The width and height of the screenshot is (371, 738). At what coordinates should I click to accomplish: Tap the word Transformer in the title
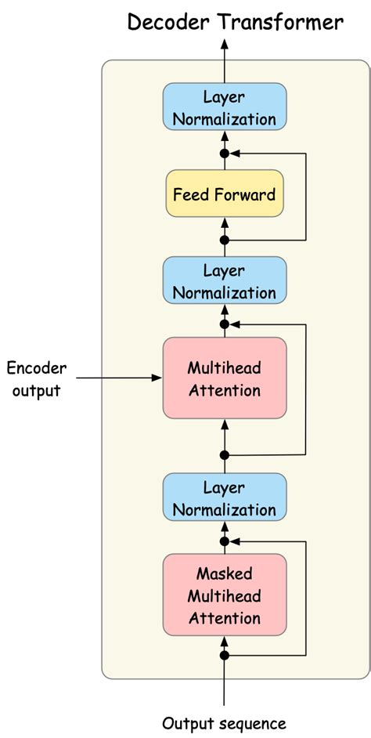[281, 23]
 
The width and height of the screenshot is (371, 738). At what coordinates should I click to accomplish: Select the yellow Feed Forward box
[225, 194]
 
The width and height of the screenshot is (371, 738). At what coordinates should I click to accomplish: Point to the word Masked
[225, 574]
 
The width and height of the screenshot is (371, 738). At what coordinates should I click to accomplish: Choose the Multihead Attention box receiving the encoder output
[225, 378]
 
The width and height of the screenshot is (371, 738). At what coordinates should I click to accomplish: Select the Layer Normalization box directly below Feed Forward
[225, 282]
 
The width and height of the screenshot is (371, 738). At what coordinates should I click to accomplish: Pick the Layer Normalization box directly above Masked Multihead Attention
[225, 499]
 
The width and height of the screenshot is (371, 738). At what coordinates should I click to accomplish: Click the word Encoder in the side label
[37, 368]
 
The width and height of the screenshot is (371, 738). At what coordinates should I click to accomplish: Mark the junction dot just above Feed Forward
[225, 153]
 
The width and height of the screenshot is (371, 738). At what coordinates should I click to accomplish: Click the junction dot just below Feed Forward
[225, 240]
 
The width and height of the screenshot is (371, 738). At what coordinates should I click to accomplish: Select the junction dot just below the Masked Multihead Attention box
[225, 654]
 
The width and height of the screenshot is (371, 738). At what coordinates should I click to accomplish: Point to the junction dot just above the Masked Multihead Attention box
[225, 541]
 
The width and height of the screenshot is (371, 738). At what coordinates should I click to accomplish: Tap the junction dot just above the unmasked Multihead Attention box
[225, 324]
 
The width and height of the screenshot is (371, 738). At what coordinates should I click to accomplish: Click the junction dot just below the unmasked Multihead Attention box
[225, 454]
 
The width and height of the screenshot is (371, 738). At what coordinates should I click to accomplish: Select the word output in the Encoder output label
[37, 389]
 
